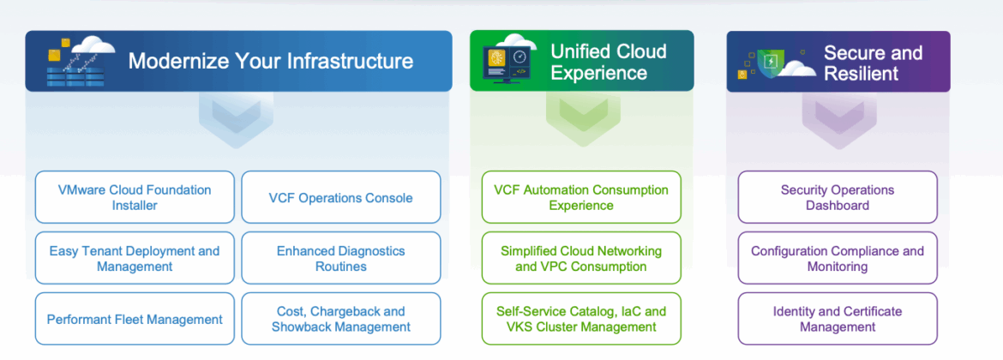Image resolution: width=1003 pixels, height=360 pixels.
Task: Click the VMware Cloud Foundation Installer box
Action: click(135, 197)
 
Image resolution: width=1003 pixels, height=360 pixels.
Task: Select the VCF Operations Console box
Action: click(341, 197)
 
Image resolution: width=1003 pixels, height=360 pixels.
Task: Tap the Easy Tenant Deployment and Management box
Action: click(135, 258)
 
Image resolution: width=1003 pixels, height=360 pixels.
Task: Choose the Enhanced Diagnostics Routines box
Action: click(341, 258)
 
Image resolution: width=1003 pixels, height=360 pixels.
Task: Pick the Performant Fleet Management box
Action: click(135, 319)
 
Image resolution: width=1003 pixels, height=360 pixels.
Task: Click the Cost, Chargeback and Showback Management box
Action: click(341, 319)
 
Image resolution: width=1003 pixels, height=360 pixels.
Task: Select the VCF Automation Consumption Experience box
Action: click(581, 197)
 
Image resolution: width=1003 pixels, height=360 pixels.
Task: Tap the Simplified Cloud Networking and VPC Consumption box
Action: click(581, 258)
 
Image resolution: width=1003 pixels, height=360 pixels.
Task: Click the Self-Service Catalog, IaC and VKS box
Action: click(581, 319)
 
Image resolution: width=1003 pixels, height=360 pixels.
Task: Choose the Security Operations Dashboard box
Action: click(838, 197)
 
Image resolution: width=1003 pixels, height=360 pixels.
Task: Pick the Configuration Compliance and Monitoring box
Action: click(838, 258)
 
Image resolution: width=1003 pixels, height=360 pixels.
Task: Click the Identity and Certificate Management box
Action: click(838, 319)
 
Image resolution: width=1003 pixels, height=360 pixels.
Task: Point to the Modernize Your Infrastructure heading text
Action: click(271, 62)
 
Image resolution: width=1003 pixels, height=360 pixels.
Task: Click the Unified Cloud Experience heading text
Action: click(609, 62)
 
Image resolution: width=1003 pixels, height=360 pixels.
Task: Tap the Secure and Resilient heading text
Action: click(874, 63)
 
